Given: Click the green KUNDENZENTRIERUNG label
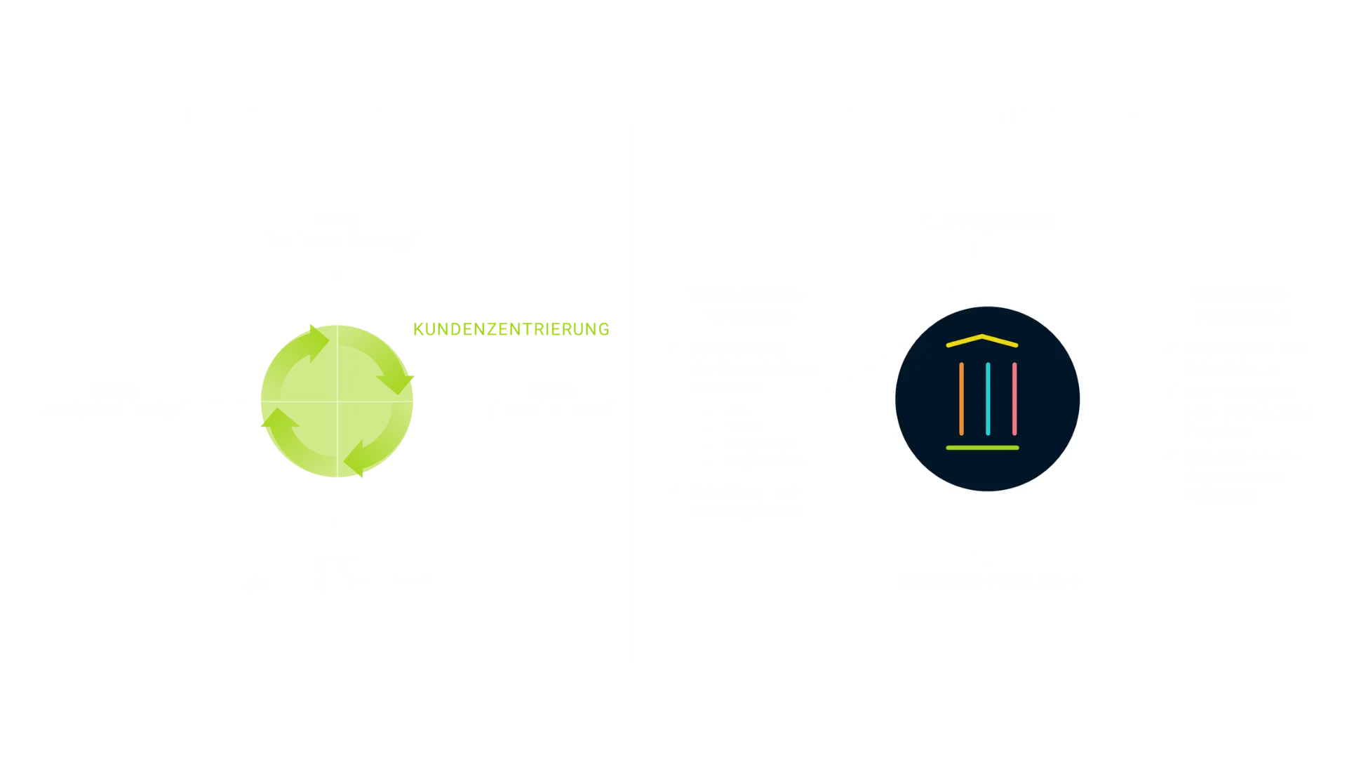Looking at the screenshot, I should pos(510,328).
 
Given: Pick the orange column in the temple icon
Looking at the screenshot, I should pos(961,399).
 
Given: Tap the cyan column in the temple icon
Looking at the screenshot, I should pos(988,399).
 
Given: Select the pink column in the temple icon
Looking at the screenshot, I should pos(1014,399).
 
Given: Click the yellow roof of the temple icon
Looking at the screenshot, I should pos(982,340).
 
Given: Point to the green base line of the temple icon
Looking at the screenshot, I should pos(982,447).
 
